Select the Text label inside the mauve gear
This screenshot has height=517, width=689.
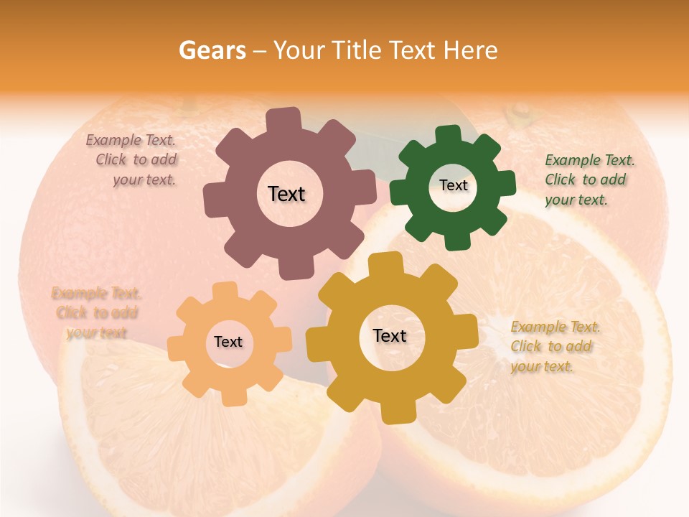286,194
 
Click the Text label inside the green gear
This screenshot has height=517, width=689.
453,185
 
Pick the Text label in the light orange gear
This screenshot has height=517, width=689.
228,342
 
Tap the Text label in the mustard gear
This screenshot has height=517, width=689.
390,335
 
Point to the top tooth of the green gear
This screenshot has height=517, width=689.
448,136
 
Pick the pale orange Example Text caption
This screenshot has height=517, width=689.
96,312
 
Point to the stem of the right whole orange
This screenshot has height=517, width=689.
517,113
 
